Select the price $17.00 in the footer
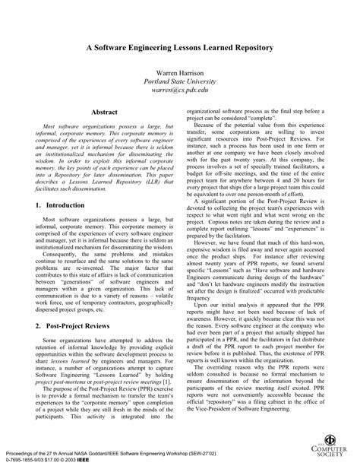coord(49,459)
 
